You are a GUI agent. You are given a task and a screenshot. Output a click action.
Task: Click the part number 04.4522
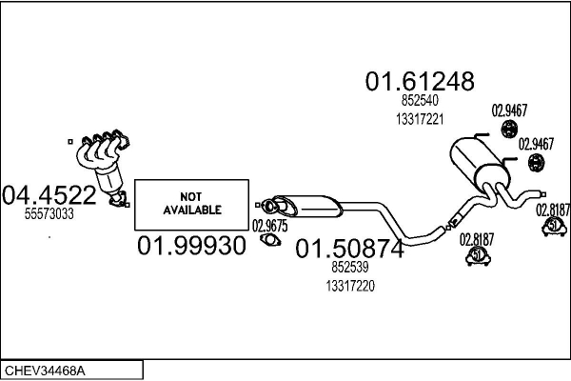(x=49, y=195)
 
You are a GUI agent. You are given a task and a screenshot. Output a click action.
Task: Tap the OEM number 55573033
(x=49, y=214)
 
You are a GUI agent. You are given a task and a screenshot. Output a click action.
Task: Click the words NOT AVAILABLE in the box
(x=192, y=204)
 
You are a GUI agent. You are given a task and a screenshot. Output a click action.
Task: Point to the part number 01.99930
(x=191, y=246)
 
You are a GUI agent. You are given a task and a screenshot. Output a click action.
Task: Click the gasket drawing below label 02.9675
(x=270, y=240)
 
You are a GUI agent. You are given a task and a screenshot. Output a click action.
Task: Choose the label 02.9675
(x=270, y=226)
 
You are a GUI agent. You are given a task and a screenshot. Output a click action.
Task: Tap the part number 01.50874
(x=349, y=249)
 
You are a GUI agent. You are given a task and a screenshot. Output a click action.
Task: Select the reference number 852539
(x=350, y=268)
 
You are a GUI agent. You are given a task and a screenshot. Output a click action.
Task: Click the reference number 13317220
(x=350, y=286)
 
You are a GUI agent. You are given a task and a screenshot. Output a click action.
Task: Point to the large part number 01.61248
(x=420, y=81)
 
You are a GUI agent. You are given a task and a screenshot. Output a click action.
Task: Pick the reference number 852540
(x=420, y=100)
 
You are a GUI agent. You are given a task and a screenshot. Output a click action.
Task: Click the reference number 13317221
(x=420, y=119)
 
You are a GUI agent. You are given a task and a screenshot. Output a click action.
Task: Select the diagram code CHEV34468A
(x=45, y=371)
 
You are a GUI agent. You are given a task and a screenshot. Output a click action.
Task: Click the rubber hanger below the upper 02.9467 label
(x=509, y=129)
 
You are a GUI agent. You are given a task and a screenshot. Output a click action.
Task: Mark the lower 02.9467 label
(x=536, y=144)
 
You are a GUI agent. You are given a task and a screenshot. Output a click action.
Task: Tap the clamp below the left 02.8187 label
(x=478, y=256)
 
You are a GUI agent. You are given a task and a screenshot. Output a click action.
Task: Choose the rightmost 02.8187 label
(x=553, y=211)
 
